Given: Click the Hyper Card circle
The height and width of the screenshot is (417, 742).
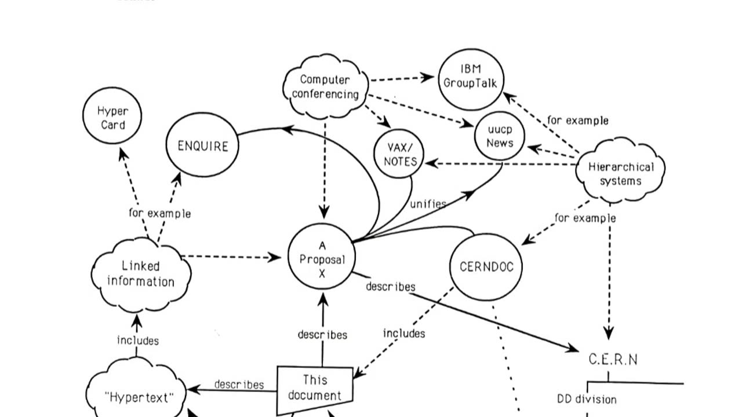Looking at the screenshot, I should point(112,117).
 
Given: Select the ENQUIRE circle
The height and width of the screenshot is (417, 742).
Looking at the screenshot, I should point(202,146).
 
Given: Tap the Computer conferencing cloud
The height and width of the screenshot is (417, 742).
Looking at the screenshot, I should point(325,87).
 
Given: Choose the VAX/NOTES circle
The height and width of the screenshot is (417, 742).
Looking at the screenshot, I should point(399,155).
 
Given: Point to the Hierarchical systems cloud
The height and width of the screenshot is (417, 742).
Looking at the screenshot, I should point(620,173).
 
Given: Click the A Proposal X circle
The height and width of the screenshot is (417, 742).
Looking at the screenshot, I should point(322,259).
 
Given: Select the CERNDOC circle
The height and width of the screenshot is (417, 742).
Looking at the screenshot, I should point(486,267).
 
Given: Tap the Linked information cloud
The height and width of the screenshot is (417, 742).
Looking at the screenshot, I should point(141,274).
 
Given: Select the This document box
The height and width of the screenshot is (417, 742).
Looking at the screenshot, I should point(315,388).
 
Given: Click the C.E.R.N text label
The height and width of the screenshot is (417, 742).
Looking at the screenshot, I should point(613,360).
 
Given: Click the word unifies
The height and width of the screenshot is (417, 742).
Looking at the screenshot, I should point(428,204).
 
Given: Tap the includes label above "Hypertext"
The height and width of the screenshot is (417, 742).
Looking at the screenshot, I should point(137,341).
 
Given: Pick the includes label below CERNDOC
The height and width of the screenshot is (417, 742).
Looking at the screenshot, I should point(404,334).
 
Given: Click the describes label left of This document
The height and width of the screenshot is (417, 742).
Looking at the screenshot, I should point(239,385).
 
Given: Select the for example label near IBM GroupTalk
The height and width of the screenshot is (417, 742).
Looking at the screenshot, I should point(577,120).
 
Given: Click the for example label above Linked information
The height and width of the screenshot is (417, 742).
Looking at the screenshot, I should point(159,213).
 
